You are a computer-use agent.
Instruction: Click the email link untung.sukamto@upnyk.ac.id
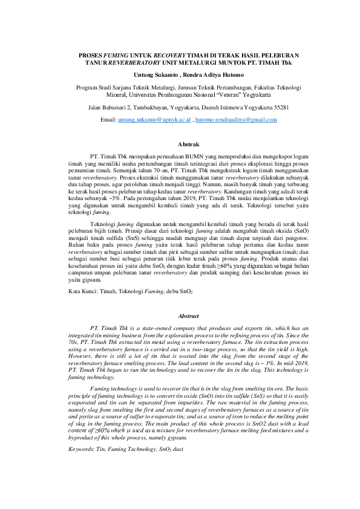pyautogui.click(x=154, y=120)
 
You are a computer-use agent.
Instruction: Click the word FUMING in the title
pyautogui.click(x=119, y=56)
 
